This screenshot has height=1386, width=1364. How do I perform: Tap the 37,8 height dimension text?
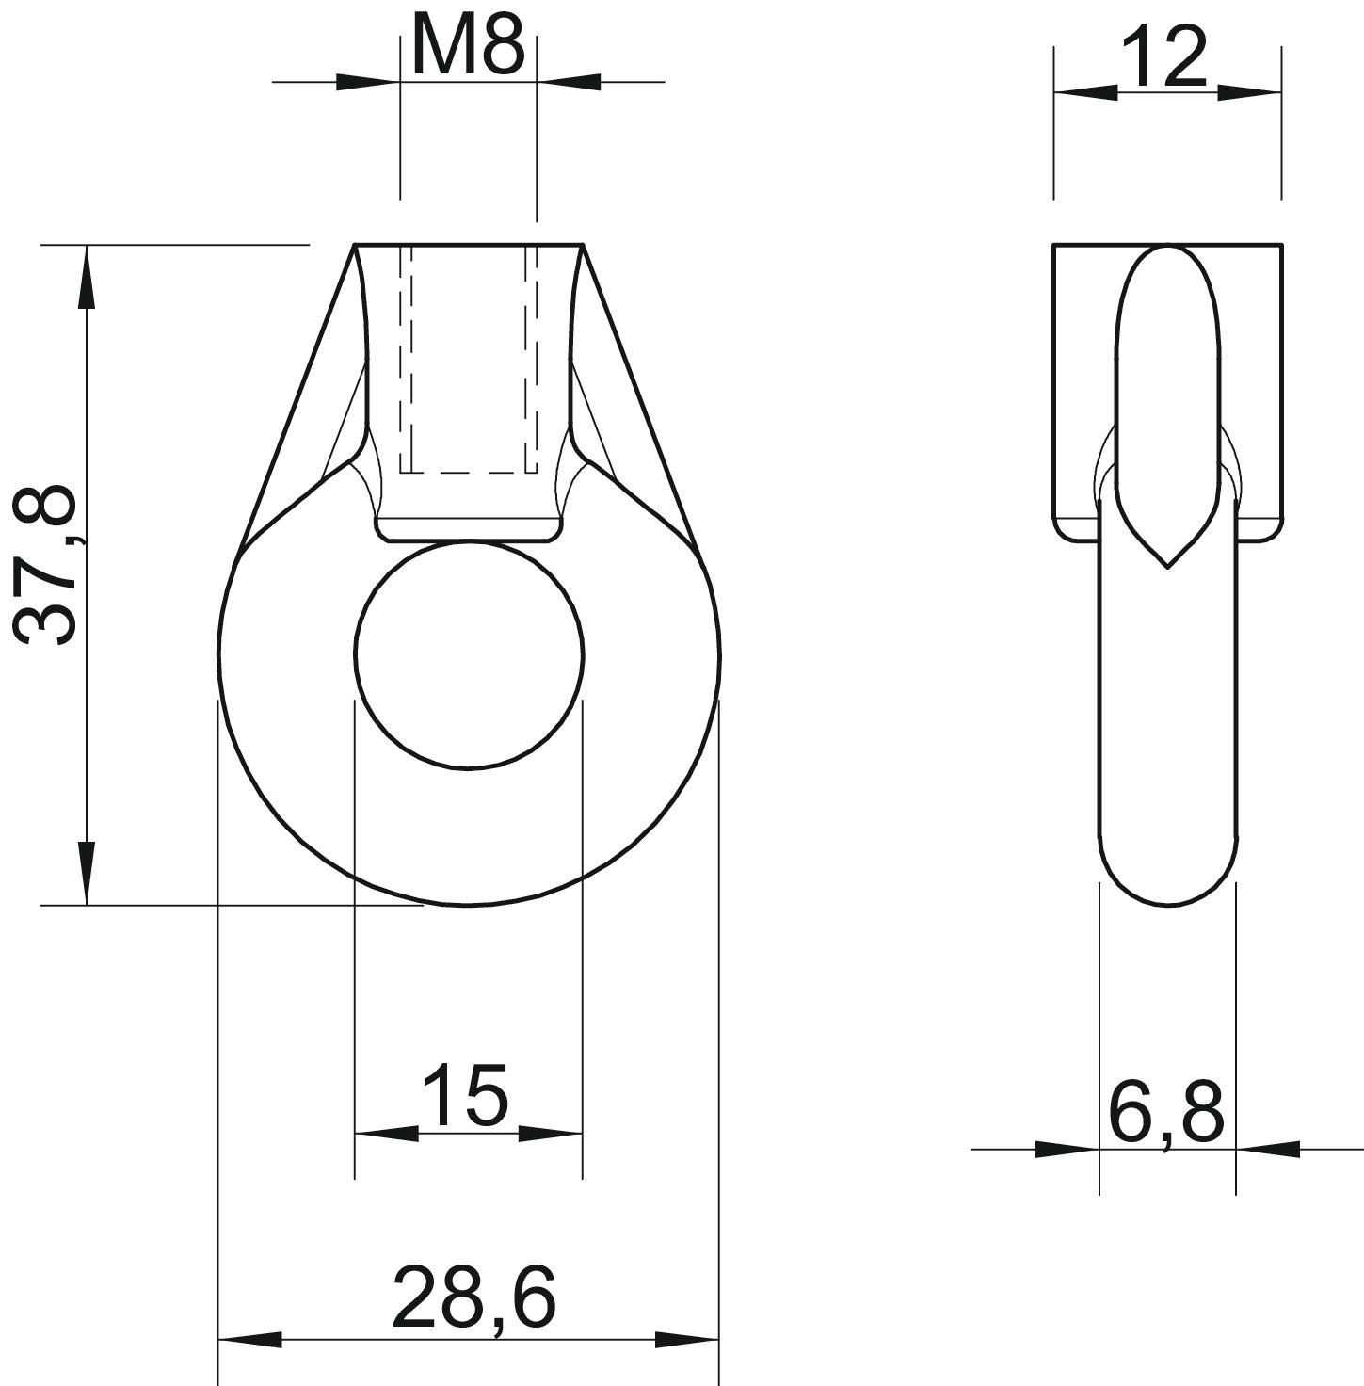(44, 565)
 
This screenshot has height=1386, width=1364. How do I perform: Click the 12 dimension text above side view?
(1164, 57)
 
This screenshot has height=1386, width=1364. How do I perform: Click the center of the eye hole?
(469, 653)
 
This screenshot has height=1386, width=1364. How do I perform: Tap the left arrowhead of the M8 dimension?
(368, 82)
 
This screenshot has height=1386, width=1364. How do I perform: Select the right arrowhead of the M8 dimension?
(569, 82)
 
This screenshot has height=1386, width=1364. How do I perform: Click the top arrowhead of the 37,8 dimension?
(87, 278)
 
